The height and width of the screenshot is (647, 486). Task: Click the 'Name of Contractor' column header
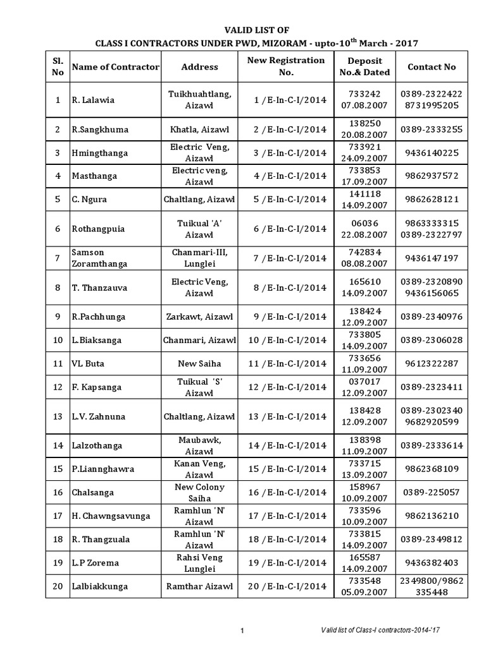[x=116, y=67]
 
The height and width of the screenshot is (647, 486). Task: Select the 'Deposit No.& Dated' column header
[x=369, y=66]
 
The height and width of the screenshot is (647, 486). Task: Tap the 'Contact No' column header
[x=432, y=66]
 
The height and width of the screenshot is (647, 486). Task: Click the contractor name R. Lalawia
[x=92, y=100]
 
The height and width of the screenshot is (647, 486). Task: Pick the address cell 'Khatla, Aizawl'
[x=199, y=130]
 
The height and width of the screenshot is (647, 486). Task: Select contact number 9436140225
[x=432, y=153]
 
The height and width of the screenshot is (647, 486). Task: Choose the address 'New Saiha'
[x=199, y=363]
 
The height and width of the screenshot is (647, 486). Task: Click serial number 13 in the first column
[x=58, y=416]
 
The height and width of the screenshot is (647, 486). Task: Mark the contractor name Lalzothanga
[x=99, y=445]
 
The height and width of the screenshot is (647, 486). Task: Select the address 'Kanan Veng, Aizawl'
[x=199, y=469]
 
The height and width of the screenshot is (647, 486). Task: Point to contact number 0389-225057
[x=432, y=492]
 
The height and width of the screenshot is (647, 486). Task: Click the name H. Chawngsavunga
[x=111, y=516]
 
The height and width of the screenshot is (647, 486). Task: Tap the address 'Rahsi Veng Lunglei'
[x=199, y=562]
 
